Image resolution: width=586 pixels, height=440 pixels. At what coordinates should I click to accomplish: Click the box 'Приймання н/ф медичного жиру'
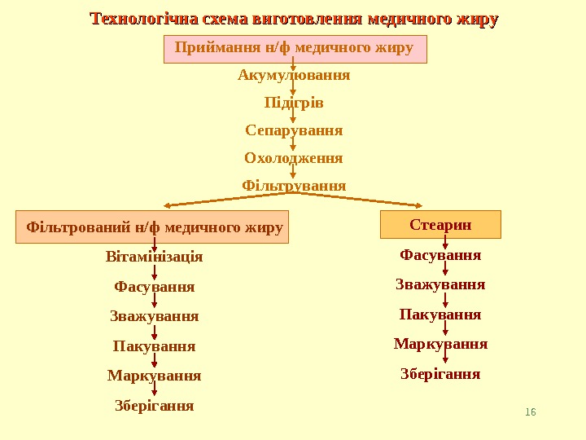[x=294, y=48]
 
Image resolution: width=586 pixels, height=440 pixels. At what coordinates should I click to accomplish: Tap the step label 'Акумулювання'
[x=294, y=75]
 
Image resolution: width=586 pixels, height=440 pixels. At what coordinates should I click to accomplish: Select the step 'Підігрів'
[x=294, y=103]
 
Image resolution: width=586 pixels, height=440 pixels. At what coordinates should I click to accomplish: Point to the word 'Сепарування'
[x=294, y=130]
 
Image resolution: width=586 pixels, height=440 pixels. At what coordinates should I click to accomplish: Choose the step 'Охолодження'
[x=294, y=157]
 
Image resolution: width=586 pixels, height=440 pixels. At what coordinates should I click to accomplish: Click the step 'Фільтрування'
[x=294, y=186]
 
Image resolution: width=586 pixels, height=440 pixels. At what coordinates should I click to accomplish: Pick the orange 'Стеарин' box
[x=440, y=224]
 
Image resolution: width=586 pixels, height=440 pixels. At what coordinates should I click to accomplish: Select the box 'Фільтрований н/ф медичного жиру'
[x=154, y=227]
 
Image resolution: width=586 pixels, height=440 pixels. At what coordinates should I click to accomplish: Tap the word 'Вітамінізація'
[x=155, y=257]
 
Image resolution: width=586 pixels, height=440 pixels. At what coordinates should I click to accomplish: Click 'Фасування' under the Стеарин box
[x=440, y=255]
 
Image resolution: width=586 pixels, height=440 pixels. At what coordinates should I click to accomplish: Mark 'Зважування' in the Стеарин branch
[x=440, y=284]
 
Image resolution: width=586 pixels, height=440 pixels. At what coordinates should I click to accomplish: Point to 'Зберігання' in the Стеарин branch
[x=440, y=374]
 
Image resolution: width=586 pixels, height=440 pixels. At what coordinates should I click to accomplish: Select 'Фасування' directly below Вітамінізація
[x=155, y=287]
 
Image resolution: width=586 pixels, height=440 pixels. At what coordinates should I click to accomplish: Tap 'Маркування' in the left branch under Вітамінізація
[x=155, y=376]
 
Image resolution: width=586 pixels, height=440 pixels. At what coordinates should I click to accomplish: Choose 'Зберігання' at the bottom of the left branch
[x=155, y=405]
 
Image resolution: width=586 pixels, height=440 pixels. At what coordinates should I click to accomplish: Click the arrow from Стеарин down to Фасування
[x=445, y=242]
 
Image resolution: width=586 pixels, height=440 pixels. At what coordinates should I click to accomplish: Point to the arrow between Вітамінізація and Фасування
[x=155, y=272]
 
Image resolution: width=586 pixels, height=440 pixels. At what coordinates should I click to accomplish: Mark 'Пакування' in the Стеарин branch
[x=440, y=314]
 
